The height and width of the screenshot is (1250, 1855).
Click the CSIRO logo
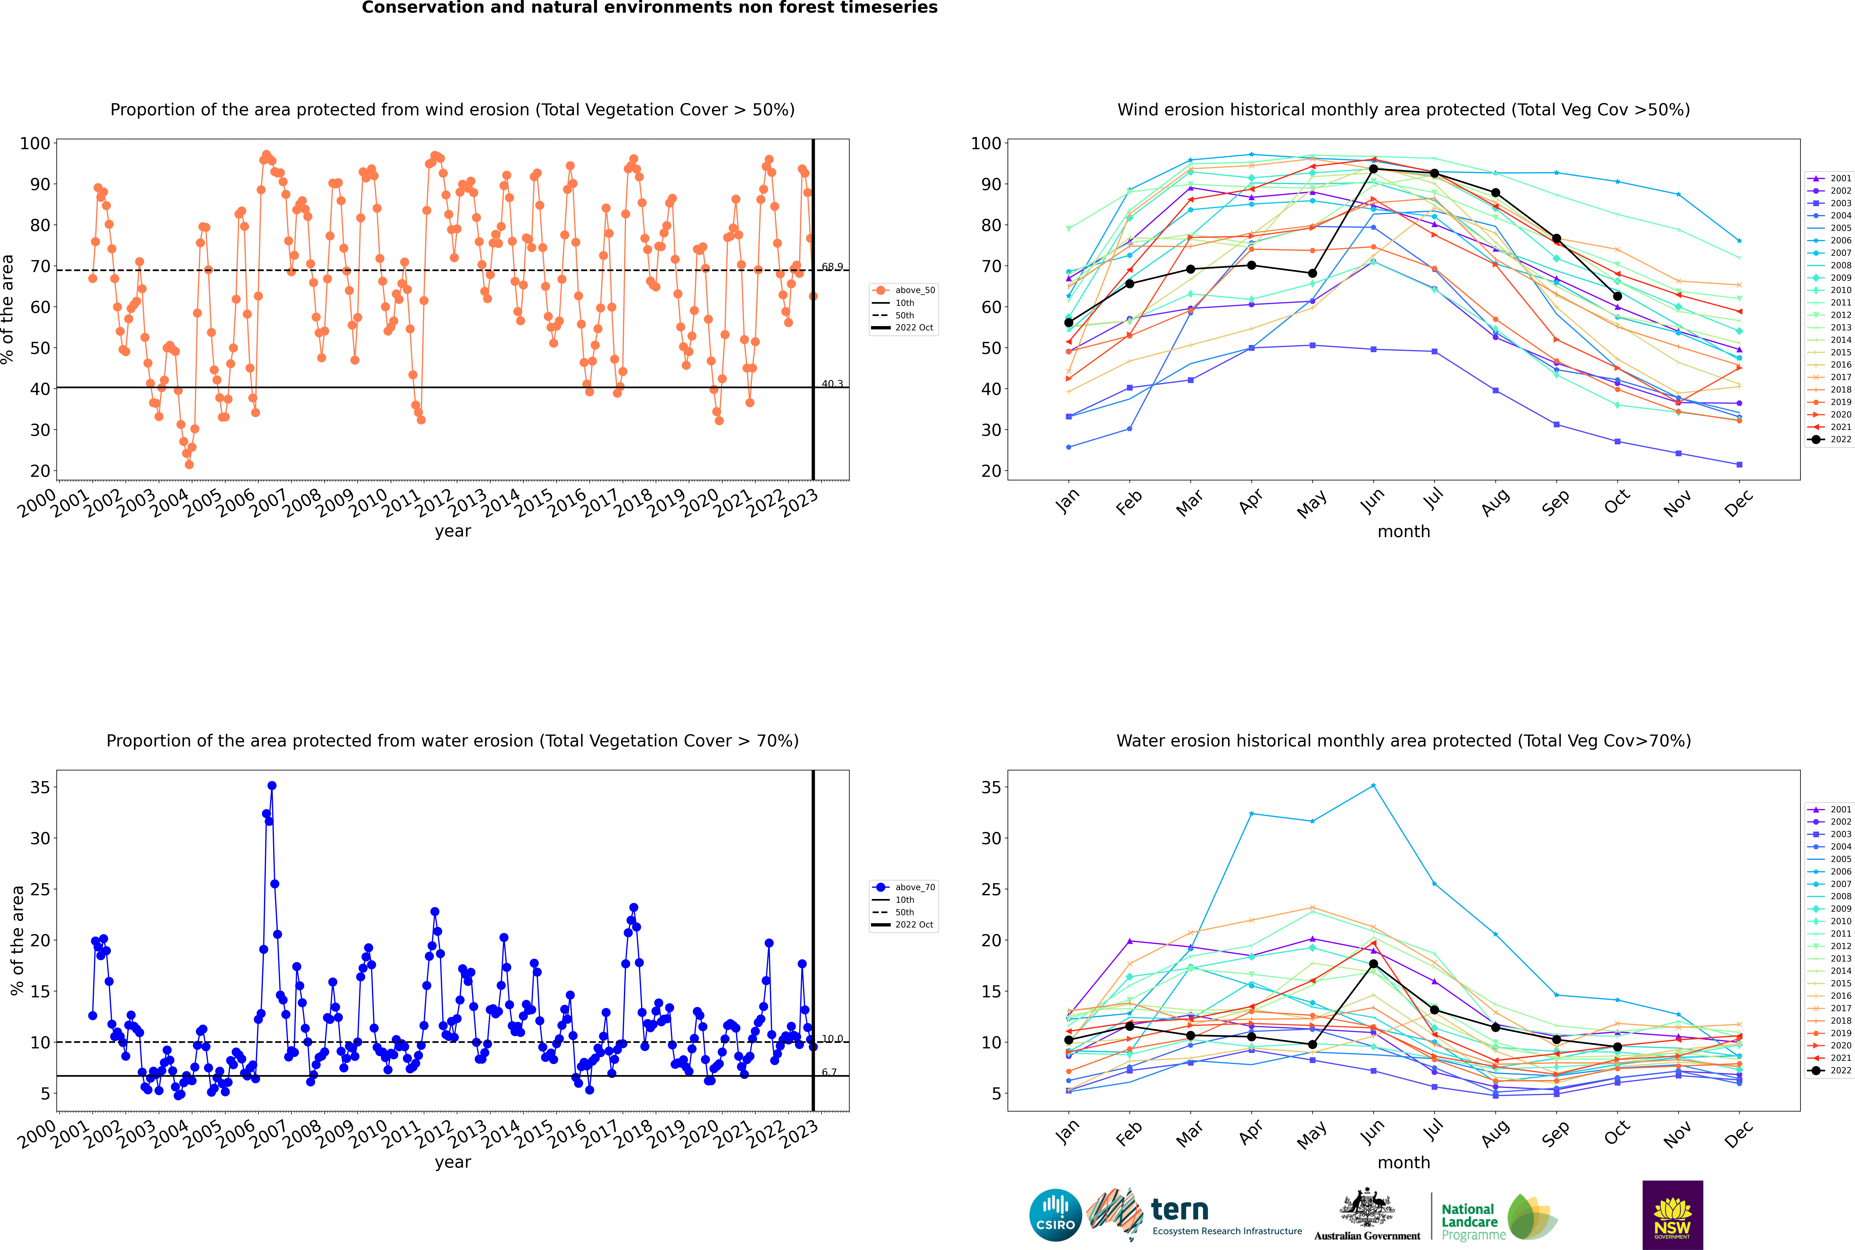tap(1055, 1215)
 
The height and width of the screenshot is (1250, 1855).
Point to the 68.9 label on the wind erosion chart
tap(832, 267)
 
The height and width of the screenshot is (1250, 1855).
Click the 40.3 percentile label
tap(832, 384)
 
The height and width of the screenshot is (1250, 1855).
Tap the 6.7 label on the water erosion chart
tap(829, 1072)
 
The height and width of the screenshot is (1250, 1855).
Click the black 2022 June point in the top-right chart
tap(1373, 169)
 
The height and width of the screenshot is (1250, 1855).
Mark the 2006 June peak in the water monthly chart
tap(1373, 785)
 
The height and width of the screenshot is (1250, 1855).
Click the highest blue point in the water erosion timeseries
tap(272, 785)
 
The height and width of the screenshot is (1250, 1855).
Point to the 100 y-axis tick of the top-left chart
tap(35, 143)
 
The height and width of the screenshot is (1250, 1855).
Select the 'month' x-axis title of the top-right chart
tap(1404, 532)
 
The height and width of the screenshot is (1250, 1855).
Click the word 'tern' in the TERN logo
tap(1180, 1210)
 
